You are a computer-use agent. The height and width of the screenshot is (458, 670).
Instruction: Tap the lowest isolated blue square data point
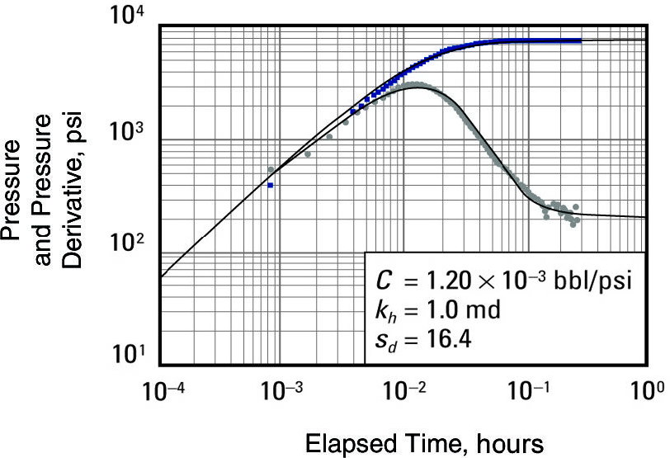click(270, 186)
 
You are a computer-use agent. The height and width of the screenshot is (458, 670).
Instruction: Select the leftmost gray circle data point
click(271, 169)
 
